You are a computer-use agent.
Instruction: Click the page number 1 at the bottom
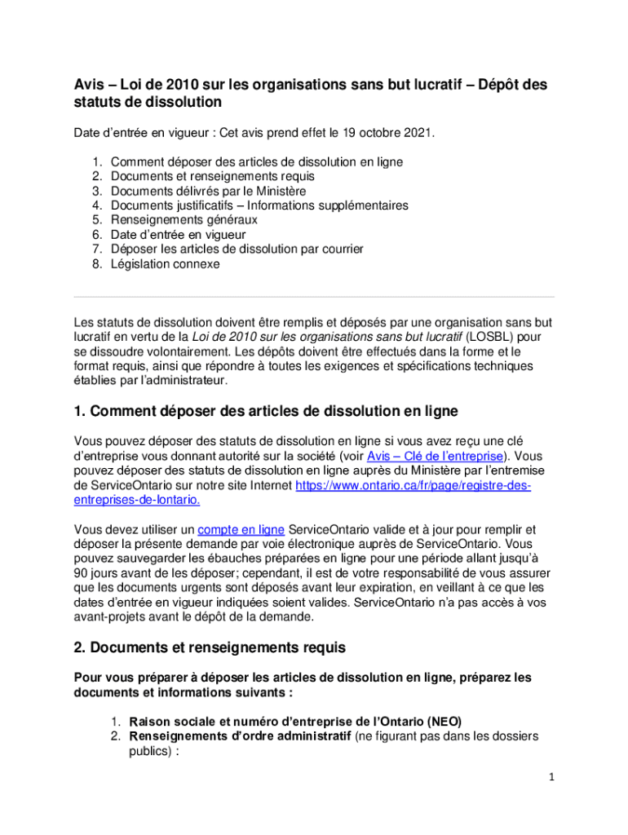tap(551, 777)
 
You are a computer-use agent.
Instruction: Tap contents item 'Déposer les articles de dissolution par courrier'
tap(237, 250)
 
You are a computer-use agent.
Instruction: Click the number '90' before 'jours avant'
tap(81, 572)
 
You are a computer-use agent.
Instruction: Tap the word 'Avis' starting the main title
tap(89, 85)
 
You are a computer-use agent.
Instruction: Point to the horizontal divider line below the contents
tap(314, 296)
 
